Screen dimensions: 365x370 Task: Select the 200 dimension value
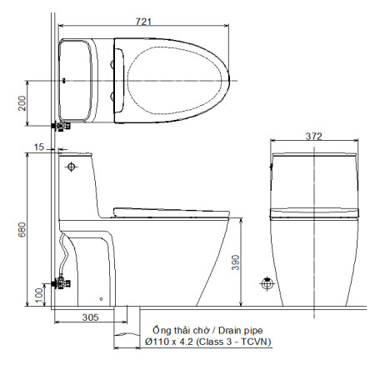click(22, 102)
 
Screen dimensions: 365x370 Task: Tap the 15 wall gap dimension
click(37, 147)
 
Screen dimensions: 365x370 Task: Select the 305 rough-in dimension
click(91, 317)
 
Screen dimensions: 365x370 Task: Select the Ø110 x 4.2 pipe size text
click(172, 342)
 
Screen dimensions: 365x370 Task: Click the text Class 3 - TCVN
click(241, 342)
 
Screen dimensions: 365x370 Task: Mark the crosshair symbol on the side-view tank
click(72, 167)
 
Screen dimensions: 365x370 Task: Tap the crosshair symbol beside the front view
click(267, 283)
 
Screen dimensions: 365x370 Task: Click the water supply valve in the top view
click(60, 125)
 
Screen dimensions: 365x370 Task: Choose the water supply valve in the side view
click(60, 282)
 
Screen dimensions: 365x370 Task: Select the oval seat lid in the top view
click(172, 80)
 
